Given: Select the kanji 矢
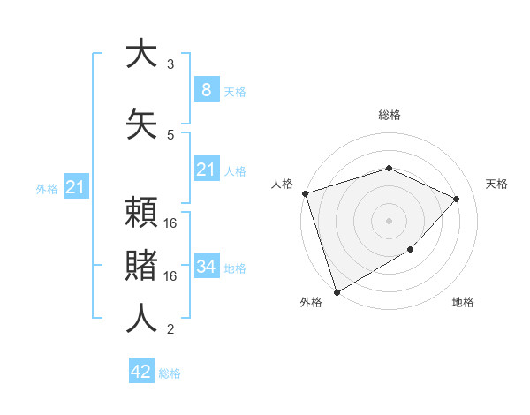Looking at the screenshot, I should [x=140, y=124].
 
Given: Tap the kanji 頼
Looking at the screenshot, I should [x=140, y=213].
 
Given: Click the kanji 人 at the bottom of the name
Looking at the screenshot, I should [x=140, y=318].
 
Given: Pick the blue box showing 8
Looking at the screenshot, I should [x=206, y=89].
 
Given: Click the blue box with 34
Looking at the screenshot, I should [x=206, y=266].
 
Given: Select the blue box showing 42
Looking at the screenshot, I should [x=141, y=372].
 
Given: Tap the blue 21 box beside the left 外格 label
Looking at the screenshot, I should [x=75, y=186].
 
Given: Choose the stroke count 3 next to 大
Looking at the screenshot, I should [x=170, y=64].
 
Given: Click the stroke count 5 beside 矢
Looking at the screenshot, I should [x=170, y=134].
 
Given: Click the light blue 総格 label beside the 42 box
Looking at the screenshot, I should [x=170, y=373].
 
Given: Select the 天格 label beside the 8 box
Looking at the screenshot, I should [x=234, y=91].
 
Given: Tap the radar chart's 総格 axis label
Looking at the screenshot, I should [x=390, y=115].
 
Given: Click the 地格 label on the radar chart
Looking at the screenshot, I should [x=463, y=303].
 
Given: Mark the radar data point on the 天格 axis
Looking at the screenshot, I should [x=457, y=199].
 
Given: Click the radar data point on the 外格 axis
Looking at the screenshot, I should [x=337, y=291].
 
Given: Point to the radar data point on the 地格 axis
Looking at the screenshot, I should [x=412, y=251].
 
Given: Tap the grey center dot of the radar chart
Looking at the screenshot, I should [x=390, y=220].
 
